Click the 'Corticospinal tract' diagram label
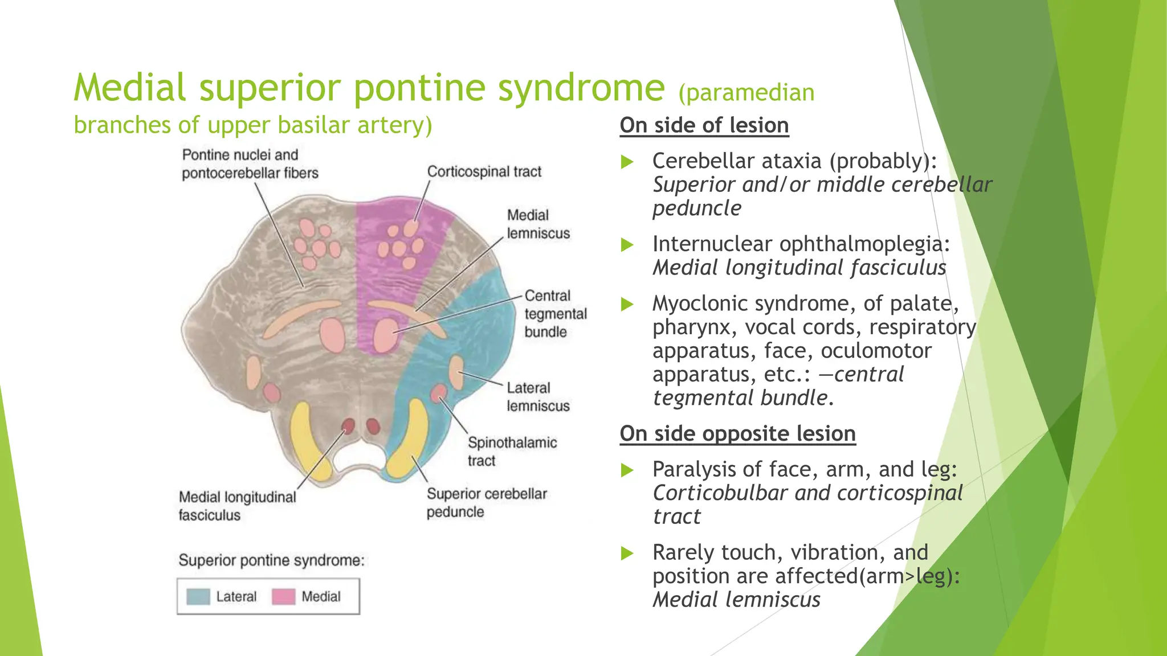click(484, 171)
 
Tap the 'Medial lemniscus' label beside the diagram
click(537, 224)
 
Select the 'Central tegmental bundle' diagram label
click(554, 314)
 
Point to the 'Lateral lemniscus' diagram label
click(537, 396)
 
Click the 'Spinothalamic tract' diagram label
click(512, 451)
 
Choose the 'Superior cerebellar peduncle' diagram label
click(486, 502)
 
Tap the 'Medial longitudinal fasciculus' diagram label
click(237, 506)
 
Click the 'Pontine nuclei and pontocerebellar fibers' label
click(250, 163)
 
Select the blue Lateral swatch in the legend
click(198, 596)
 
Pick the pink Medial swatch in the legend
click(283, 596)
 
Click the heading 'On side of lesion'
click(704, 125)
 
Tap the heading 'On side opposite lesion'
click(737, 433)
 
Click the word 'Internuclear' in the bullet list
click(712, 244)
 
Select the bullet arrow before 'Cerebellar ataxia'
click(627, 162)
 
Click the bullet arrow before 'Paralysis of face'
click(627, 470)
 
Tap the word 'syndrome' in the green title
click(581, 88)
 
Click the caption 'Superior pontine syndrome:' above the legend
click(271, 560)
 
